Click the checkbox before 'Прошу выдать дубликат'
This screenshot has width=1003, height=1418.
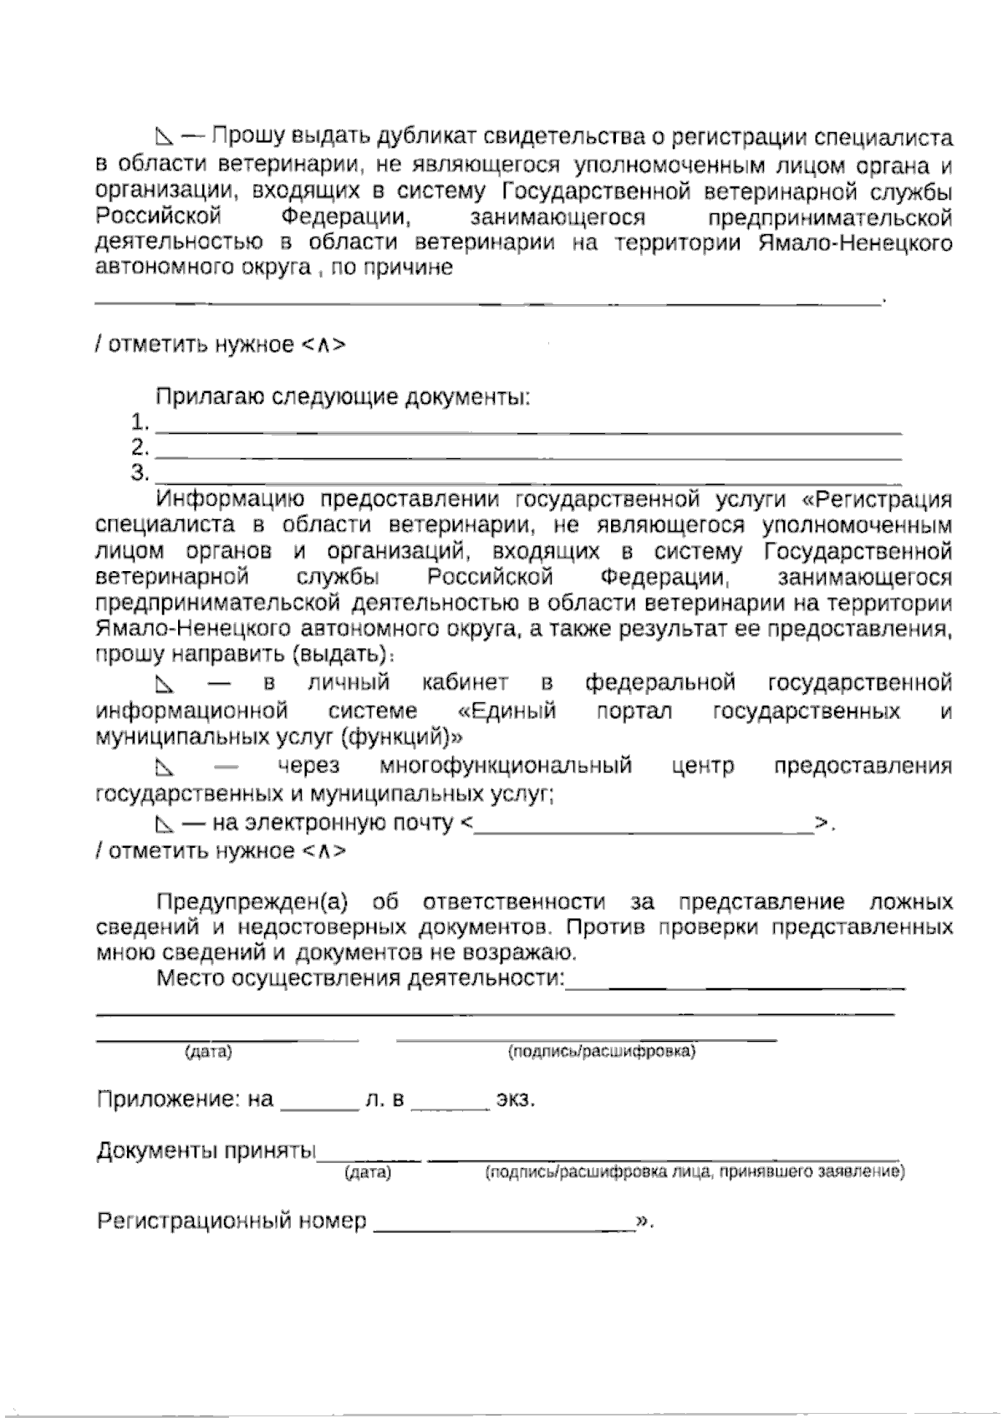click(165, 137)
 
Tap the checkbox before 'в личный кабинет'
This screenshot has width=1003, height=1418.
click(165, 686)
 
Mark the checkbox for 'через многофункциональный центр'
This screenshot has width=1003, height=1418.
click(165, 768)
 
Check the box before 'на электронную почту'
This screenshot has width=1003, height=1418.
click(165, 824)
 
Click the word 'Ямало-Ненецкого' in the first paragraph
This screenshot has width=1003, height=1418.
click(856, 244)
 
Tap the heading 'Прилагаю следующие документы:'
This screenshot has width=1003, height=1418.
click(344, 397)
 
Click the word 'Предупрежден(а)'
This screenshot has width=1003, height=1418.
click(252, 903)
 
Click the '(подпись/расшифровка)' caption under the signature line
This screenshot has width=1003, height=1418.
click(602, 1052)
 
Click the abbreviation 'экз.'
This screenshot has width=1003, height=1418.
click(515, 1100)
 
